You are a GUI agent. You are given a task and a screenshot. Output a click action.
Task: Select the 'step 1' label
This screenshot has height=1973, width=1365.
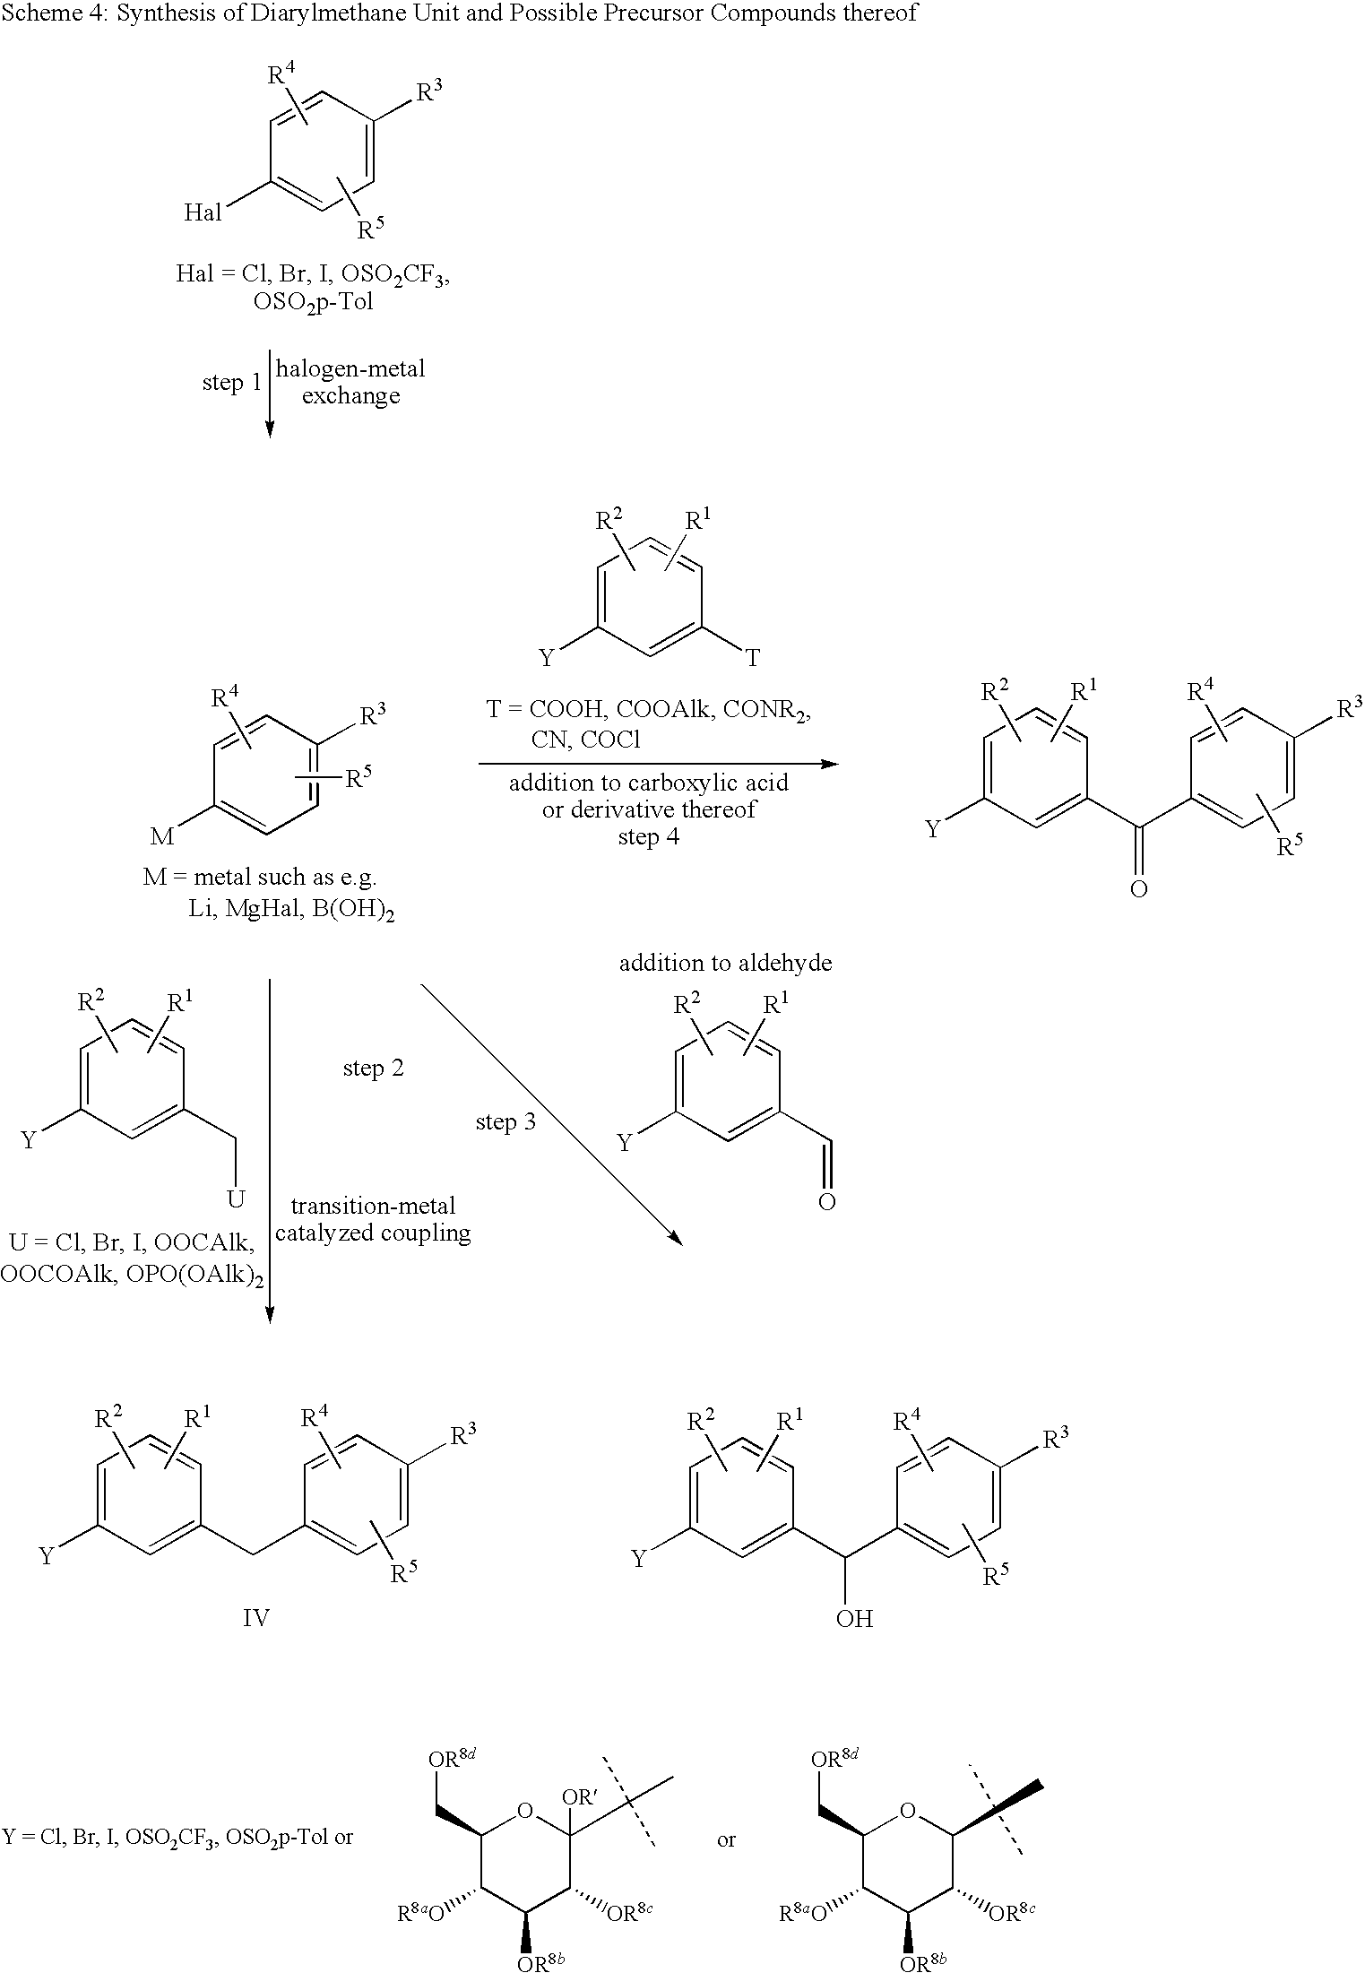(231, 384)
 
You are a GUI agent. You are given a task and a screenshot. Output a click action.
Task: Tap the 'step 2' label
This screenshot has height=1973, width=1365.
(374, 1069)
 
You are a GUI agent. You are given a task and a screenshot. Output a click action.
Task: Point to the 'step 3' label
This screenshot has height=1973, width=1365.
(506, 1122)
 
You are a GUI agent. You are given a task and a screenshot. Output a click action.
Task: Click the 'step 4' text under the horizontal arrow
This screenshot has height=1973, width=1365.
(649, 837)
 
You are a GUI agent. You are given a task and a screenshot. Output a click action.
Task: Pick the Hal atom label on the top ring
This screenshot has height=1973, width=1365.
(203, 212)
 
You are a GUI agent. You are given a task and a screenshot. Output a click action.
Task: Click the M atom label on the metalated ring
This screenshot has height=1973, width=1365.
(162, 836)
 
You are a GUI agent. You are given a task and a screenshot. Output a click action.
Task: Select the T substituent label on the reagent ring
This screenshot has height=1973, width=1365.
(753, 659)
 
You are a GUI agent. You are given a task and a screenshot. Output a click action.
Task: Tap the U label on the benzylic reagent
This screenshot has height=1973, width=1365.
(236, 1199)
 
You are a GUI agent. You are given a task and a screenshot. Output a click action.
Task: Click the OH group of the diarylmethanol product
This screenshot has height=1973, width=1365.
(853, 1619)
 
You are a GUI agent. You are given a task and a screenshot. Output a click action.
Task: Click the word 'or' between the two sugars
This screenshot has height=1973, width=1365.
(727, 1840)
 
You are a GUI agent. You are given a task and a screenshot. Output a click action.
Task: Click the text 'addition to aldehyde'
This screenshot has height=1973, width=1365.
(725, 963)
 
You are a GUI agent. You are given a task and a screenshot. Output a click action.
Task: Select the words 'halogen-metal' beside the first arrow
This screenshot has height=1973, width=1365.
(350, 368)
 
